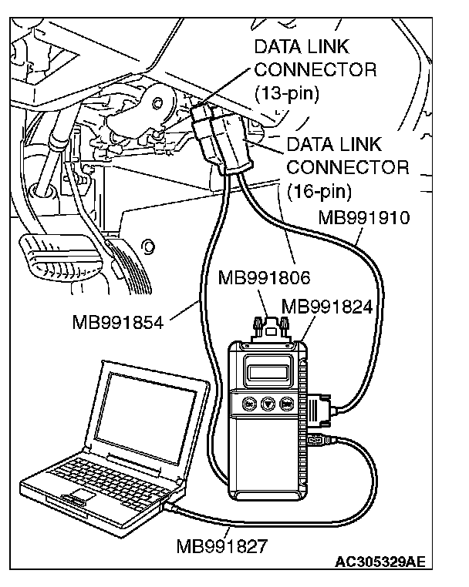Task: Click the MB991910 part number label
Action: pos(364,217)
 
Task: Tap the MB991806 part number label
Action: pos(265,278)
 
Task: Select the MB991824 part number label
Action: pos(327,307)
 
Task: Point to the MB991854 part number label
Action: pos(118,322)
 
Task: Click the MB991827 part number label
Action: pos(222,546)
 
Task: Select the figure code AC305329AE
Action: pos(380,562)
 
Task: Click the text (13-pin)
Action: pos(287,93)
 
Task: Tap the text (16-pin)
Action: pos(319,191)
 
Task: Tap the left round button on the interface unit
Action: pos(249,404)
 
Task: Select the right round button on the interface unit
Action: pos(287,404)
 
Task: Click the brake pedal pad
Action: pos(62,259)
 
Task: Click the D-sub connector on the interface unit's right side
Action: pos(320,410)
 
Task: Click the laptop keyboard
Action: pos(109,478)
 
